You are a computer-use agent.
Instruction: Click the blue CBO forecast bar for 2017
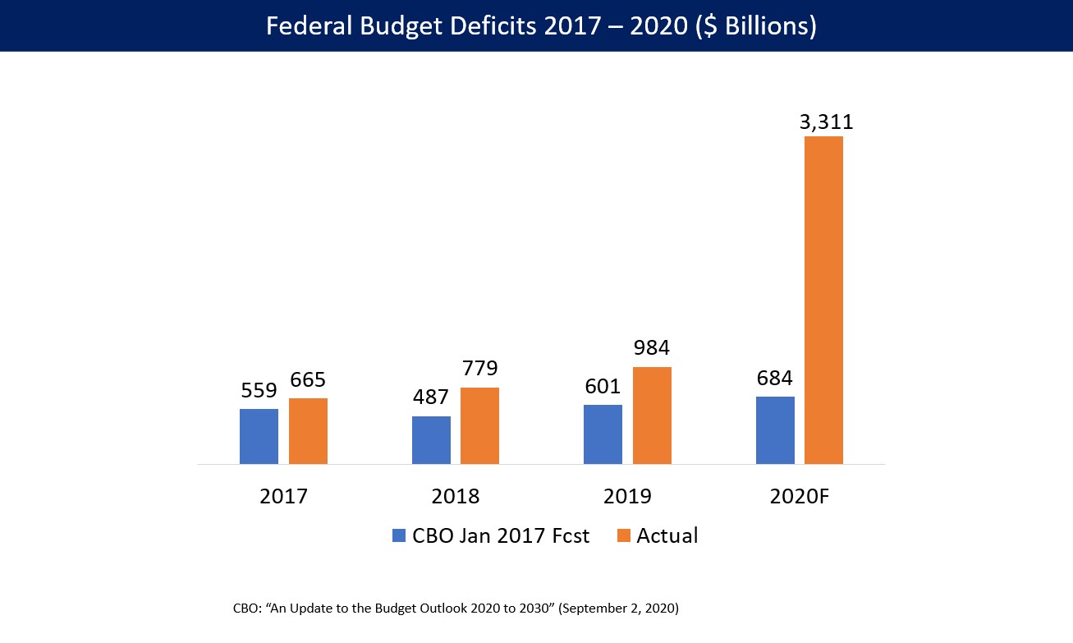(x=259, y=437)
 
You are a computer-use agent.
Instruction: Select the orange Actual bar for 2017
(x=308, y=431)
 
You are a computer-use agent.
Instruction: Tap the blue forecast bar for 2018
(x=431, y=440)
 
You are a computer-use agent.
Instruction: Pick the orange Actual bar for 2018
(x=479, y=426)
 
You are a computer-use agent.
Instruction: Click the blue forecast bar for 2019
(x=603, y=434)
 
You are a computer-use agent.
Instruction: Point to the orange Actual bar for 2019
(x=652, y=416)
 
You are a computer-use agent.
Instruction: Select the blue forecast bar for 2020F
(x=775, y=430)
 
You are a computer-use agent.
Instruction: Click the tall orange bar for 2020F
(x=823, y=301)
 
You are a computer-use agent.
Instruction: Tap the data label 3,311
(x=827, y=122)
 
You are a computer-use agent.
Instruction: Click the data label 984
(x=652, y=348)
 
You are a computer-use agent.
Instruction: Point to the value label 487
(x=431, y=397)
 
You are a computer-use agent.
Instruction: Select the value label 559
(x=259, y=391)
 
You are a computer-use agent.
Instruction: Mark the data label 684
(x=774, y=378)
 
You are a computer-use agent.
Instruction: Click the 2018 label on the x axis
(x=455, y=496)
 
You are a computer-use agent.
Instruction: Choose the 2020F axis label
(x=799, y=496)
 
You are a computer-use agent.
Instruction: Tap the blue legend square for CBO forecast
(x=399, y=535)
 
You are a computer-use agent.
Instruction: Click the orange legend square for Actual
(x=624, y=535)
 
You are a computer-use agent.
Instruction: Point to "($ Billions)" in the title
(x=756, y=26)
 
